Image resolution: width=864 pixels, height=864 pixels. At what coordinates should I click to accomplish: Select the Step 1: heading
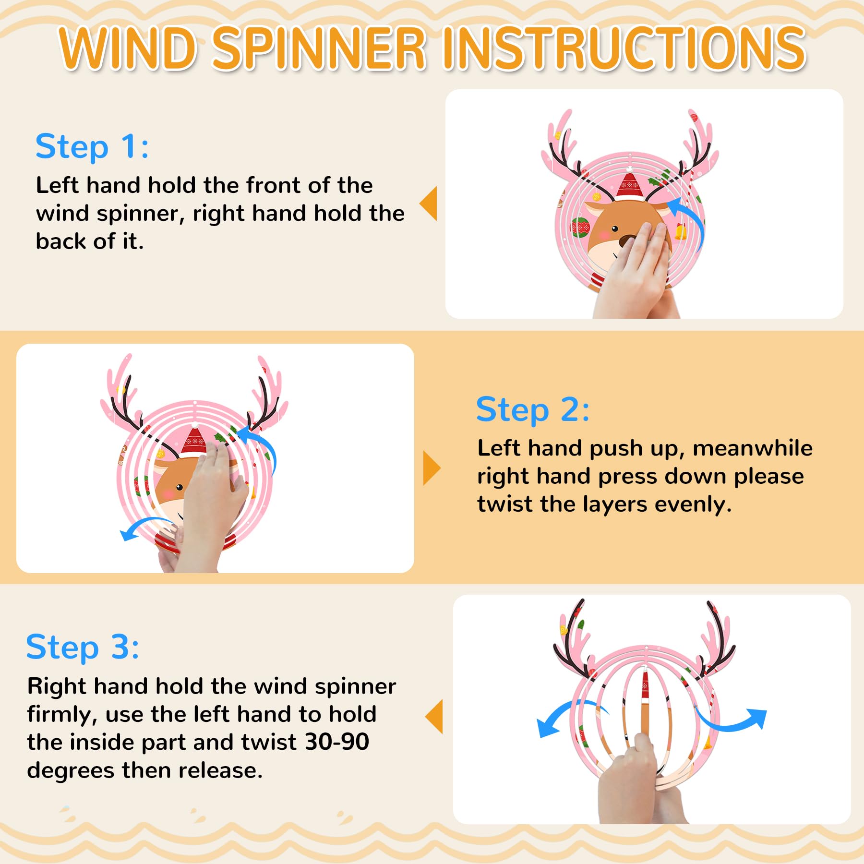pos(92,147)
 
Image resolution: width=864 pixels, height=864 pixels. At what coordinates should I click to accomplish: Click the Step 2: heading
pos(533,410)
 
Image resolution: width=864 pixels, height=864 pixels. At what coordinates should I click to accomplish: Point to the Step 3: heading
pos(83,648)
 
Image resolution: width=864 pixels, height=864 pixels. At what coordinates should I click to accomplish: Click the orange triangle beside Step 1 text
pos(429,204)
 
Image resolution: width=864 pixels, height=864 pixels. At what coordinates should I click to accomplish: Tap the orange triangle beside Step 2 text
pos(432,468)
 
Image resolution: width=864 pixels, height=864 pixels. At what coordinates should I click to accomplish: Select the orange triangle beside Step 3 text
pos(434,716)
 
